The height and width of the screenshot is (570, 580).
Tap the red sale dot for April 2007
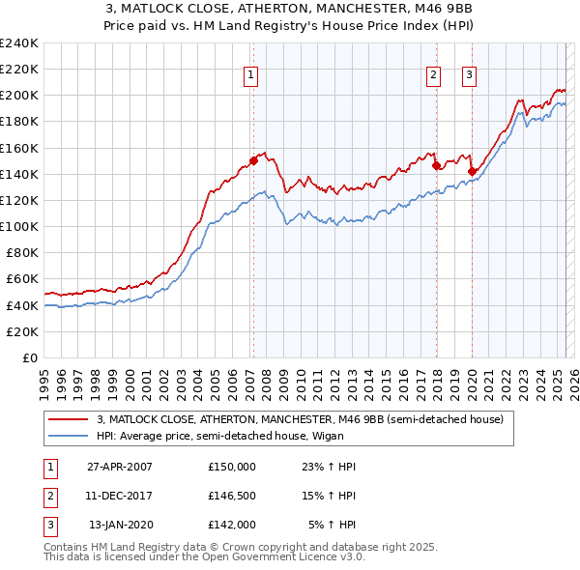tap(253, 160)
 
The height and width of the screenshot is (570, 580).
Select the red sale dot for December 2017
tap(436, 165)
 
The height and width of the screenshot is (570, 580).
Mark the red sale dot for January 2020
tap(472, 171)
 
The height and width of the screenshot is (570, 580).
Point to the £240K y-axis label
tap(19, 43)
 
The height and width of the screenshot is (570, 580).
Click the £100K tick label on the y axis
tap(19, 226)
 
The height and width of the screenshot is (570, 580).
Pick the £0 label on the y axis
tap(28, 357)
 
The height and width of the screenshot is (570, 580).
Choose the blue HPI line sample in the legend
tap(68, 436)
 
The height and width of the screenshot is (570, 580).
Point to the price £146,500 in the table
tap(232, 496)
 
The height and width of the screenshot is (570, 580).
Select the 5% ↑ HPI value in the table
tap(332, 525)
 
